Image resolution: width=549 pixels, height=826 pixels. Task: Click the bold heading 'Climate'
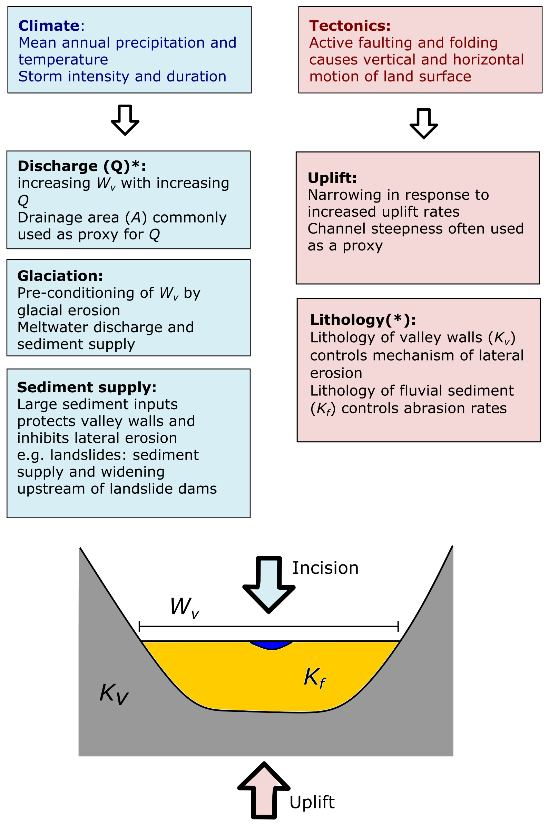tap(49, 26)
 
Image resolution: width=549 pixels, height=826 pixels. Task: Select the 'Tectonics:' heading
tap(350, 26)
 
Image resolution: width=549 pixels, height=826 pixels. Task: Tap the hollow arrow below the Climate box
tap(125, 120)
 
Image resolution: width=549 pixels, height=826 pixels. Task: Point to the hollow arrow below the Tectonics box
tap(424, 124)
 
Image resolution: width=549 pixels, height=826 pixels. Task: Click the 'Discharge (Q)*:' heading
tap(81, 166)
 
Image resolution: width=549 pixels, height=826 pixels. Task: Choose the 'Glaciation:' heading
tap(60, 276)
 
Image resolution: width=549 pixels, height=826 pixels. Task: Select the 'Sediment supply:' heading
tap(87, 387)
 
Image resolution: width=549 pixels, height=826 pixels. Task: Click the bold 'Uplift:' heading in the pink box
tap(332, 178)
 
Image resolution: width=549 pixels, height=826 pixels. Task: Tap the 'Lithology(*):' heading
tap(363, 319)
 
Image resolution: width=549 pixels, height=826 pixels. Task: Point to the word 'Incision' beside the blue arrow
tap(325, 568)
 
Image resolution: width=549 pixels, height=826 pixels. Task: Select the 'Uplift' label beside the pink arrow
tap(312, 802)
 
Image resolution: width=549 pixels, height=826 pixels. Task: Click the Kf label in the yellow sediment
tap(314, 678)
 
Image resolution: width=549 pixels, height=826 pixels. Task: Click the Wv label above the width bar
tap(184, 607)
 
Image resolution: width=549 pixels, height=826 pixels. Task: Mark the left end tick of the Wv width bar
tap(139, 626)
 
